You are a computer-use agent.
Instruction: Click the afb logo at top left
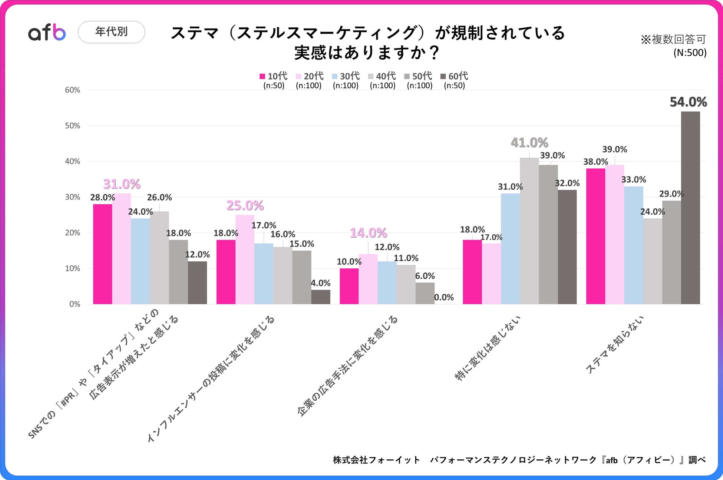click(47, 32)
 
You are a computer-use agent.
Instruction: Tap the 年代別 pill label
click(111, 32)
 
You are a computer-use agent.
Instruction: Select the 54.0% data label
click(688, 102)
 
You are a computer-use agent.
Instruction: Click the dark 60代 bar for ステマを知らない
click(690, 208)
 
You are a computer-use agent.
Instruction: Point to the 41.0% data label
click(529, 143)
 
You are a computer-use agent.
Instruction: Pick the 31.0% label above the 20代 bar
click(122, 184)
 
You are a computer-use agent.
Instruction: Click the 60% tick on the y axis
click(73, 90)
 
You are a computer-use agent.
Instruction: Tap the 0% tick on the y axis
click(75, 304)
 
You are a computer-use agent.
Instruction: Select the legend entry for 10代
click(274, 76)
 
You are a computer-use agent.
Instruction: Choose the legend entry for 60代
click(454, 76)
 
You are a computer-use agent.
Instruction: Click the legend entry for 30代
click(346, 76)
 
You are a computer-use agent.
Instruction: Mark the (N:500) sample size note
click(690, 53)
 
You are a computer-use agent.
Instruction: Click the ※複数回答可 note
click(673, 39)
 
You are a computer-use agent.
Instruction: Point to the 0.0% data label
click(444, 297)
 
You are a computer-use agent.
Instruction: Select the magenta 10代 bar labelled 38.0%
click(595, 236)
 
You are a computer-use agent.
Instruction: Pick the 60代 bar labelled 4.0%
click(321, 297)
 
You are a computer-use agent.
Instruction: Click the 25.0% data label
click(245, 205)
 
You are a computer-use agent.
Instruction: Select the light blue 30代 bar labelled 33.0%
click(634, 245)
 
